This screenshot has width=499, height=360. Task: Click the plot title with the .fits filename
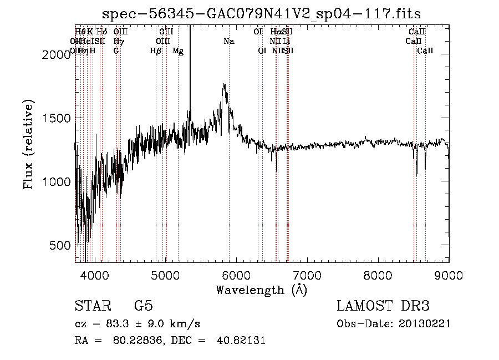[x=262, y=14]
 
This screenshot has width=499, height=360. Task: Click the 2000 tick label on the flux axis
[x=57, y=54]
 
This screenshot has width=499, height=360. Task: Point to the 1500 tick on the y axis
[x=57, y=118]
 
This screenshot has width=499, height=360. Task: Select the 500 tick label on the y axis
[x=61, y=246]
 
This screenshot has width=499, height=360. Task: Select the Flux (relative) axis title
[x=29, y=144]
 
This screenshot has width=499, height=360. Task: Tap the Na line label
[x=229, y=41]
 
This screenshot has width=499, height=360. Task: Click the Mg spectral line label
[x=178, y=50]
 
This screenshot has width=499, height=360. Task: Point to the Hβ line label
[x=156, y=50]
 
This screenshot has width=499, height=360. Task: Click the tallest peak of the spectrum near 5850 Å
[x=224, y=84]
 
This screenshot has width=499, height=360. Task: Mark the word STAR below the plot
[x=93, y=306]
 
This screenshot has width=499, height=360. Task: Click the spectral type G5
[x=143, y=306]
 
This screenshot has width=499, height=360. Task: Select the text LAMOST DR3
[x=383, y=306]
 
